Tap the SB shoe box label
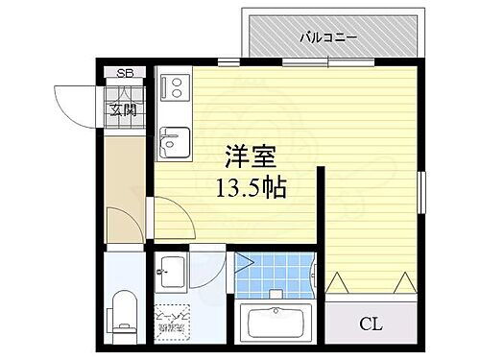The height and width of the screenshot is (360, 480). pos(125,73)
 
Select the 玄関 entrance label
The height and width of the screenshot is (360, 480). pos(124,109)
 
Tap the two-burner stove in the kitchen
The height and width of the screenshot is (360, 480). pos(176,87)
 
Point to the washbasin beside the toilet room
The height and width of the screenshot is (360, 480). pos(174,270)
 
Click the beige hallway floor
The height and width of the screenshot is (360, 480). pos(122,173)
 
